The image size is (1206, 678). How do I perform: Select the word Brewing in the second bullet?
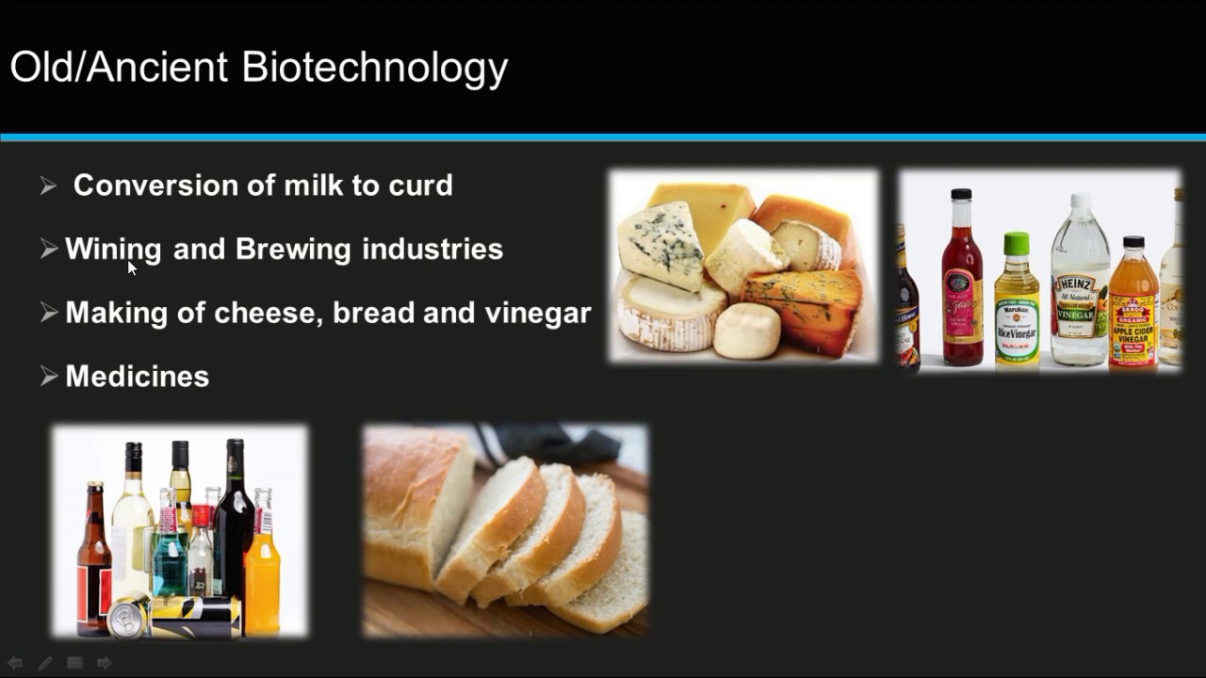click(x=293, y=250)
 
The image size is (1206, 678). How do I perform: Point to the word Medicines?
click(x=138, y=377)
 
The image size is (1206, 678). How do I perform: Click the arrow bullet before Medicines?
click(x=49, y=377)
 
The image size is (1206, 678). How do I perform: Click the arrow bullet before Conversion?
click(x=49, y=186)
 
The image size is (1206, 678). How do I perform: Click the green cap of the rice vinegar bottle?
click(x=1015, y=244)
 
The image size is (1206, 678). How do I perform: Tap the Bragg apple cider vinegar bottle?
click(x=1133, y=311)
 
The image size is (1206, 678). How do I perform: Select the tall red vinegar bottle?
click(x=962, y=282)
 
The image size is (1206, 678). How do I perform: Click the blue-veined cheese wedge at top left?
click(x=661, y=243)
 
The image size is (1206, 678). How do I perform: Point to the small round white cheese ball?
click(x=747, y=331)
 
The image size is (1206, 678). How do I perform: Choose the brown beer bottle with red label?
click(x=93, y=565)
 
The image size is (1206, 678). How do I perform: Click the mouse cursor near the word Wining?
click(x=132, y=267)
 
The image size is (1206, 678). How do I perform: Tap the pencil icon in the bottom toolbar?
click(x=44, y=663)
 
